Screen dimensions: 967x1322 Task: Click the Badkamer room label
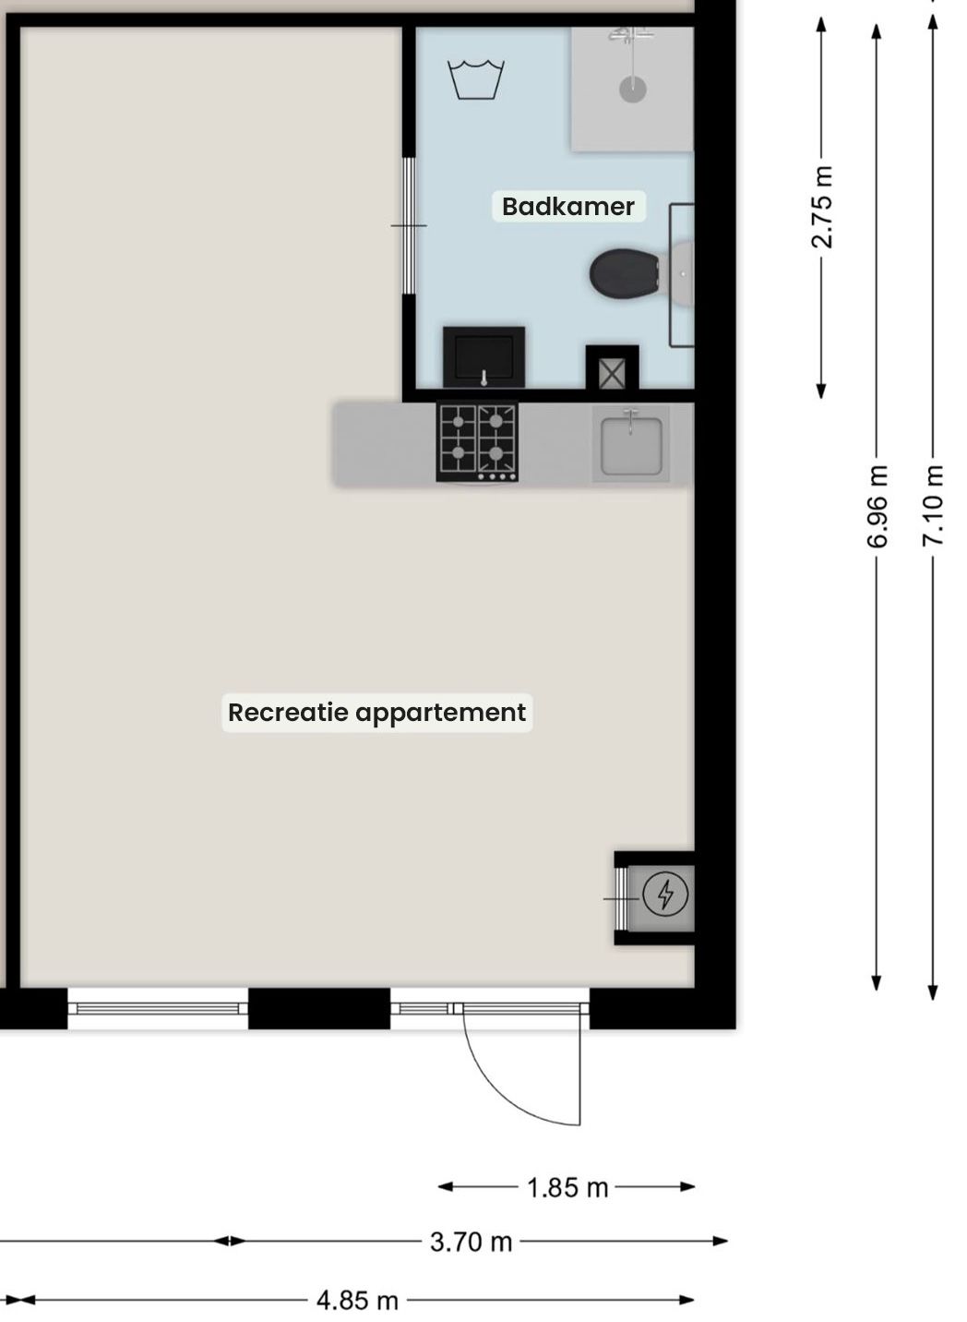coord(568,207)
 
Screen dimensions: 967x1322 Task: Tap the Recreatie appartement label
coord(376,713)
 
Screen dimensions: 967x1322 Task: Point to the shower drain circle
coord(632,90)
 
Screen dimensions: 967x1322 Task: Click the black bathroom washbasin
coord(483,357)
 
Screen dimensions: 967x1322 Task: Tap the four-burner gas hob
coord(477,442)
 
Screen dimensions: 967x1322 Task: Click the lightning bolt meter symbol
coord(665,895)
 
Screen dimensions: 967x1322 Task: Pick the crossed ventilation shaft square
coord(612,374)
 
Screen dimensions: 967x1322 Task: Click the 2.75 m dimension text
coord(822,207)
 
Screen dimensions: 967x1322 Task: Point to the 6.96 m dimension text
coord(877,507)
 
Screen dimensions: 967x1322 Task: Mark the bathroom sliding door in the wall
coord(408,225)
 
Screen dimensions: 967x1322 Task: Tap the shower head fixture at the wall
coord(630,35)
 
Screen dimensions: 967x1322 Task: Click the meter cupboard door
coord(621,897)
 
